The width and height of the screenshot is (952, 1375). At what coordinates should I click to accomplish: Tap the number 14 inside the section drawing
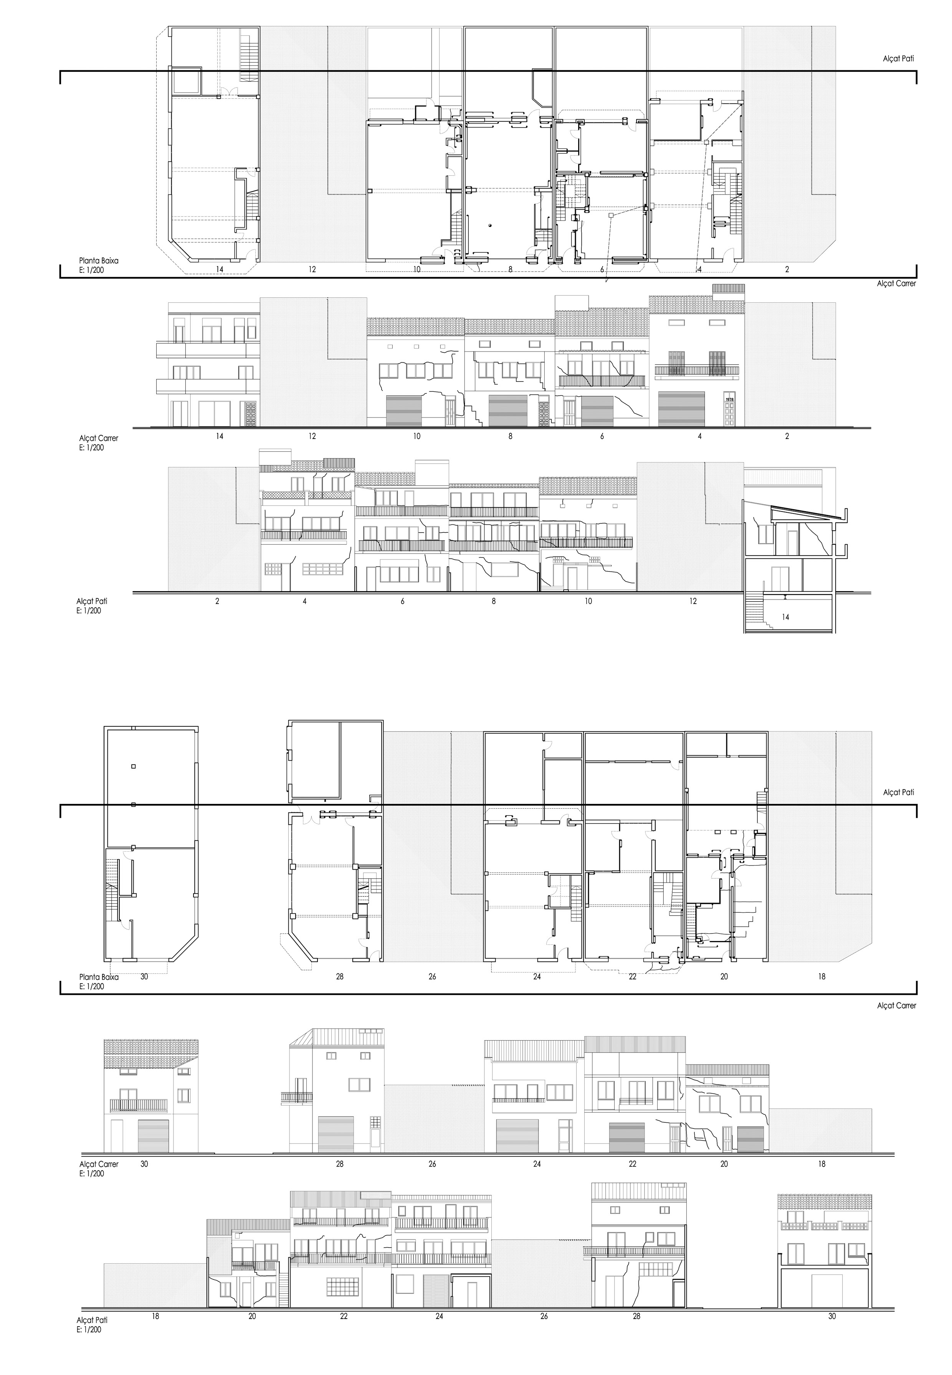coord(785,617)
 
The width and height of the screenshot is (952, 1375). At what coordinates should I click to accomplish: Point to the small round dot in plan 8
coord(489,225)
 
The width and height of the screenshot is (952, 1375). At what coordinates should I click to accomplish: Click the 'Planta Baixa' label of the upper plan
coord(99,261)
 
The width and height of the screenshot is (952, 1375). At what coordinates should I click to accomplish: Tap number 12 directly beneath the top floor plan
coord(312,269)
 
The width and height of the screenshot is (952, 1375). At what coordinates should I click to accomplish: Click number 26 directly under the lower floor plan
coord(433,977)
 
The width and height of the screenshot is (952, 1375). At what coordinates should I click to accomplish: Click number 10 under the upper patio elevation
coord(588,601)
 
